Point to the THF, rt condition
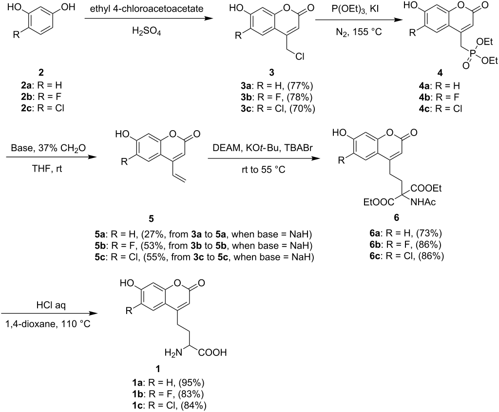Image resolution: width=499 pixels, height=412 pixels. pos(46,172)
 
